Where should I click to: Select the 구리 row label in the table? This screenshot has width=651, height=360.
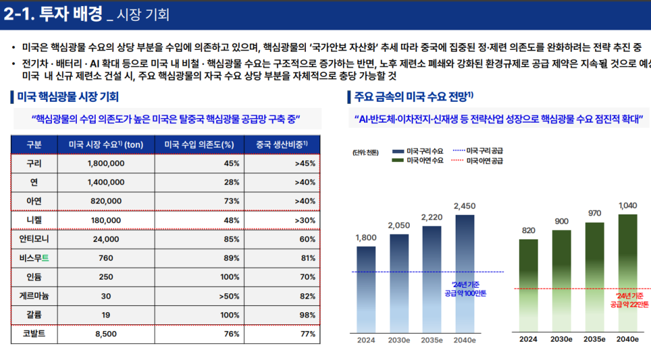click(x=34, y=163)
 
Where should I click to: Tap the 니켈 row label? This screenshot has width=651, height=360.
click(x=34, y=220)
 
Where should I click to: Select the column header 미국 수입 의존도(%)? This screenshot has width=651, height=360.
click(x=199, y=144)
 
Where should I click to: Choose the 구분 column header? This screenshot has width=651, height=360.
click(x=34, y=144)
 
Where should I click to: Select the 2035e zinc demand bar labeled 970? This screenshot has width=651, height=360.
click(x=594, y=276)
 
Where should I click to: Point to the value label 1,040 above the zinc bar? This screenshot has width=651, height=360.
click(x=627, y=206)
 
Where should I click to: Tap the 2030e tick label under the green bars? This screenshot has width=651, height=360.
click(x=561, y=339)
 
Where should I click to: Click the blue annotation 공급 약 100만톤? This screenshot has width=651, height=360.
click(x=465, y=293)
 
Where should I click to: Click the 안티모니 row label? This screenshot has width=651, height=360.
click(x=34, y=239)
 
